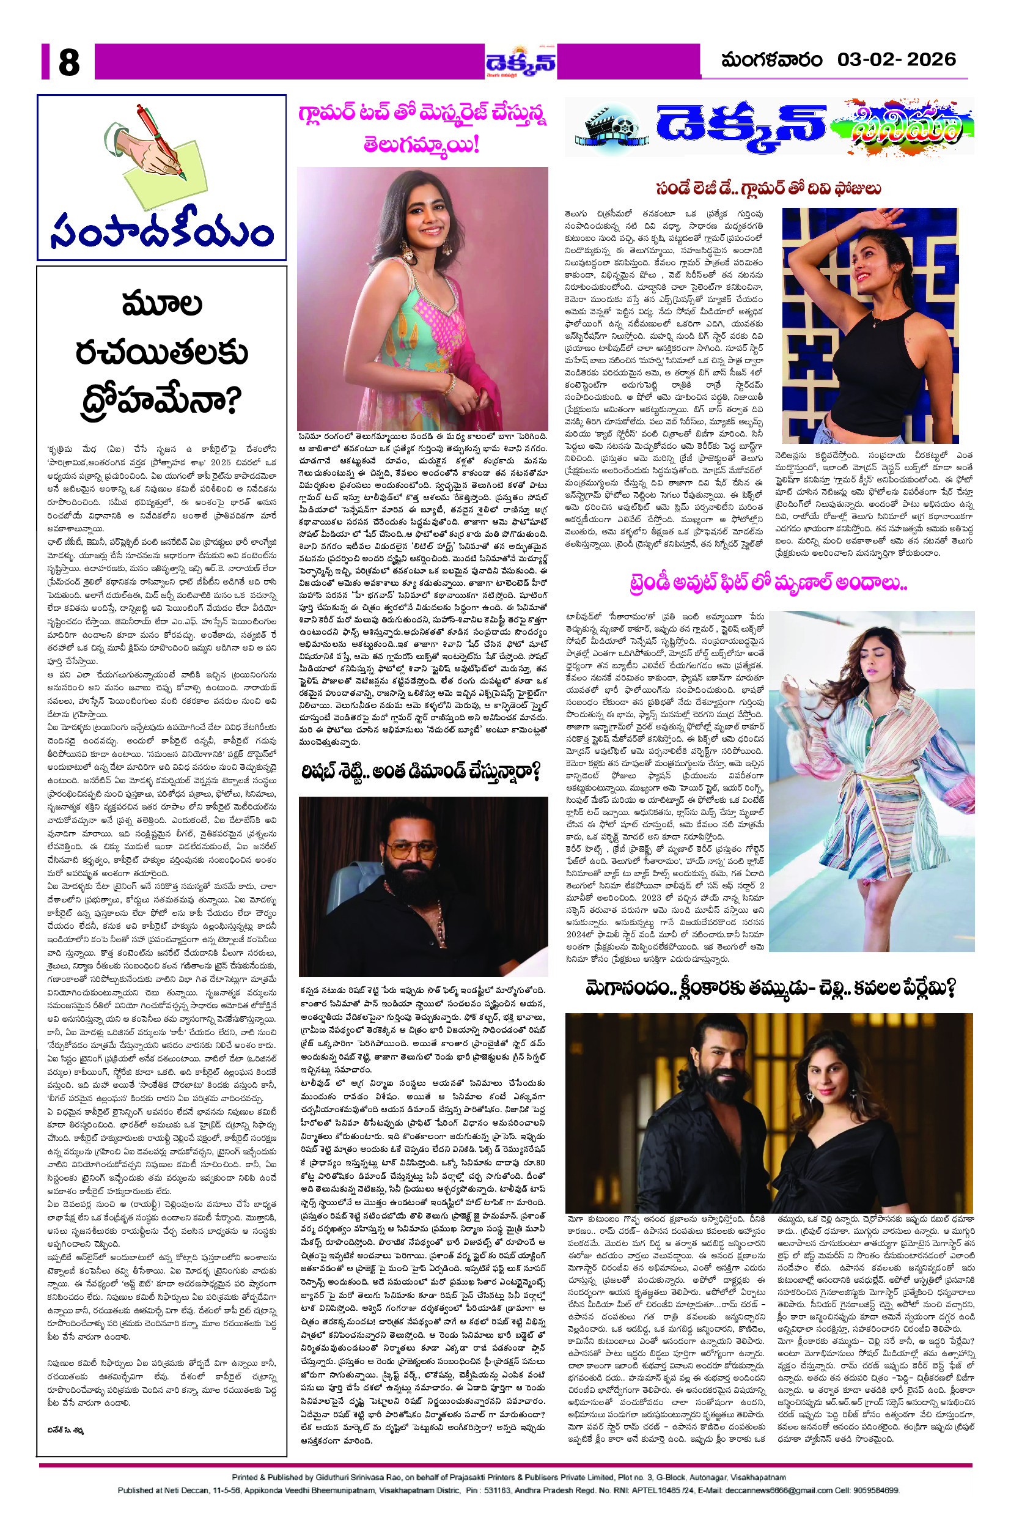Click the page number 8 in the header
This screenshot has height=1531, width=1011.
tap(69, 62)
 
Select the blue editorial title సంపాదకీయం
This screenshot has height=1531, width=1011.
tap(161, 231)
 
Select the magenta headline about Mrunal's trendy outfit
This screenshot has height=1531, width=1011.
tap(768, 584)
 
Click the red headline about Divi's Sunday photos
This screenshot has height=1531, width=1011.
tap(768, 189)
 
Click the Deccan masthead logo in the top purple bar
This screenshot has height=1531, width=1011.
tap(521, 63)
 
